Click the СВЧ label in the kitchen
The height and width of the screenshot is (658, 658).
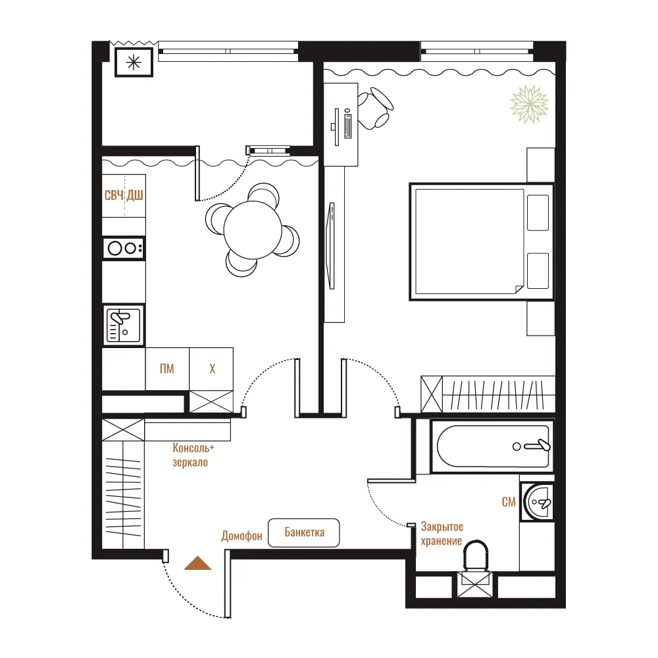[114, 195]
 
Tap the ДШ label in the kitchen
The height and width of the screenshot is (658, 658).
[135, 195]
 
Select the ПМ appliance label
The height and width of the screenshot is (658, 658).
[166, 369]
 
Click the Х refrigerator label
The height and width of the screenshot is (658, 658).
[212, 369]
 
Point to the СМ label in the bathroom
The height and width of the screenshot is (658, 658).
[509, 502]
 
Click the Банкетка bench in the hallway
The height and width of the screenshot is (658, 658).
[304, 532]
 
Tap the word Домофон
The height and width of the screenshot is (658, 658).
[241, 536]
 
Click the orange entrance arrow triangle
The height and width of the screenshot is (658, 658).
[197, 563]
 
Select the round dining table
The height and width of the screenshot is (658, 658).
[253, 230]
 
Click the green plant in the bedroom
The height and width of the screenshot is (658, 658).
[530, 105]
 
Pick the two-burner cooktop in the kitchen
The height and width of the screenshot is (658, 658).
[124, 249]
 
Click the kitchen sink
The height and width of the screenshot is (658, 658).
[124, 325]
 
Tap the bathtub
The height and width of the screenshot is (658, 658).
[492, 447]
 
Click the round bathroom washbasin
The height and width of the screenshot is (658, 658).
[538, 502]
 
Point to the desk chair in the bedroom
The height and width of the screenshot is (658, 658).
[375, 109]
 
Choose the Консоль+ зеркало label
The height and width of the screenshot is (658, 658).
[193, 455]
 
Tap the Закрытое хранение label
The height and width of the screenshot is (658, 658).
[442, 534]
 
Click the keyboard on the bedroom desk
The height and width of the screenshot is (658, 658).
[347, 124]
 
